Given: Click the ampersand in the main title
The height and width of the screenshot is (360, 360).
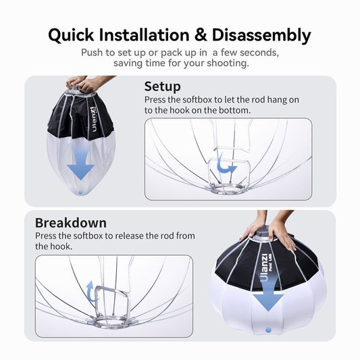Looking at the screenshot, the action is click(x=201, y=35).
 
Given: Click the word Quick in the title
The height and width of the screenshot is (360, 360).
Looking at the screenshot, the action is click(x=71, y=36).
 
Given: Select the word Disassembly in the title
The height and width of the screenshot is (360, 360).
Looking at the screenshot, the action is click(x=261, y=36).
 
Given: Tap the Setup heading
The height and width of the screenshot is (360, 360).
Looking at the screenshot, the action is click(x=162, y=86).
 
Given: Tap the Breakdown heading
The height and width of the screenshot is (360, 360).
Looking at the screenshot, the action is click(x=71, y=223).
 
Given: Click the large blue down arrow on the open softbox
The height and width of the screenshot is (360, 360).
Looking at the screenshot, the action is click(x=268, y=294).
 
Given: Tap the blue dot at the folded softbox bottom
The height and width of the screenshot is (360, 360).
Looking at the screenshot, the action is click(x=80, y=192).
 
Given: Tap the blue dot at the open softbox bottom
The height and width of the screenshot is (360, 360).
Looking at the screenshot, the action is click(x=268, y=330).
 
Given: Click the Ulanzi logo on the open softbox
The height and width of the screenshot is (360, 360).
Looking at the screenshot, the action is click(x=265, y=267).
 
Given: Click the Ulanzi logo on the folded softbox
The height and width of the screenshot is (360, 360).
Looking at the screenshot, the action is click(x=94, y=119).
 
